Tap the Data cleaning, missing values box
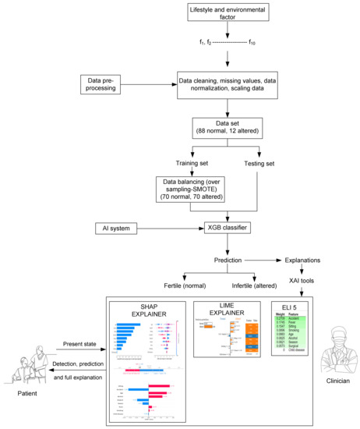pos(228,85)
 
